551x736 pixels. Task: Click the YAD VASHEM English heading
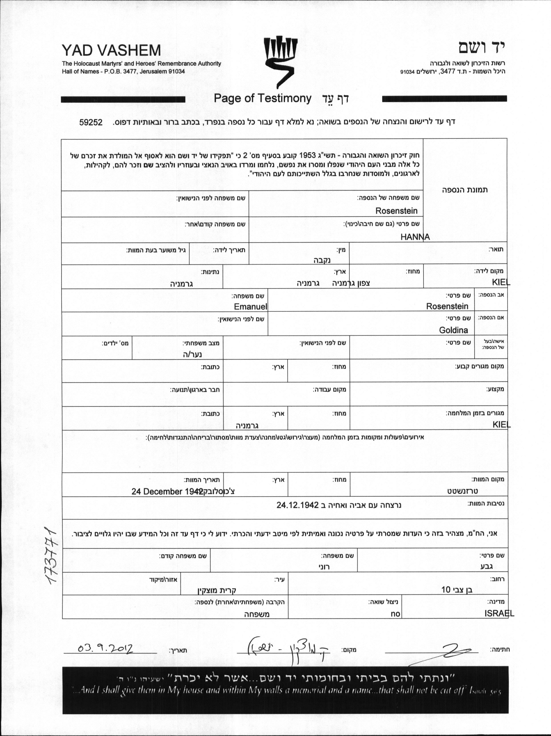(x=111, y=51)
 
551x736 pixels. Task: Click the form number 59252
(x=90, y=122)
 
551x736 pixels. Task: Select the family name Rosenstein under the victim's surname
(x=396, y=211)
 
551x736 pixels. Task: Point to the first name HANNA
(x=415, y=237)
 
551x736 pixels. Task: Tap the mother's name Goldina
(x=453, y=330)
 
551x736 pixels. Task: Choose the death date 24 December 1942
(x=167, y=491)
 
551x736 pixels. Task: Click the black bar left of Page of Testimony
(x=123, y=99)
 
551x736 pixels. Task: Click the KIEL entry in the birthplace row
(x=501, y=282)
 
